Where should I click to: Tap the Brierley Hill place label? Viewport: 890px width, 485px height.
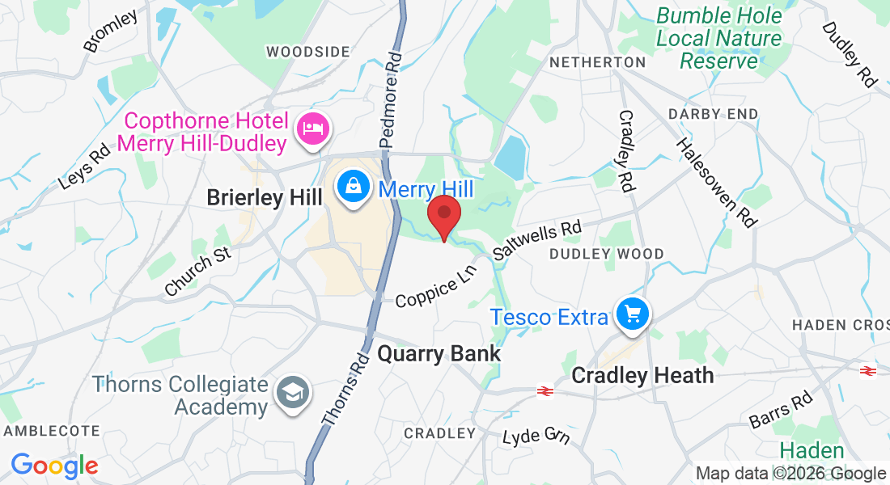point(265,196)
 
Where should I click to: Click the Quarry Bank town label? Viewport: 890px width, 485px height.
point(439,354)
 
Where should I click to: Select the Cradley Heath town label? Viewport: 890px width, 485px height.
point(642,375)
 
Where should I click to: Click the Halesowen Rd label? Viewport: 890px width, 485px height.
point(714,183)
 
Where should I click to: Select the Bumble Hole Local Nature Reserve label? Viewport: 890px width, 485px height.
point(718,38)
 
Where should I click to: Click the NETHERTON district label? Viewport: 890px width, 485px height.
point(597,62)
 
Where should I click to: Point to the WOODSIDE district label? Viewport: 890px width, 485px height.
point(308,52)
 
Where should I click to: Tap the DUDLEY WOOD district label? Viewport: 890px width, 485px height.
point(606,254)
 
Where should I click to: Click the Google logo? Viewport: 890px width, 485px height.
point(54,466)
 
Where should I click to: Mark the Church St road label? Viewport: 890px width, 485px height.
point(197,272)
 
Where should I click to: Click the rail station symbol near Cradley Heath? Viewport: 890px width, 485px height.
point(545,391)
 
